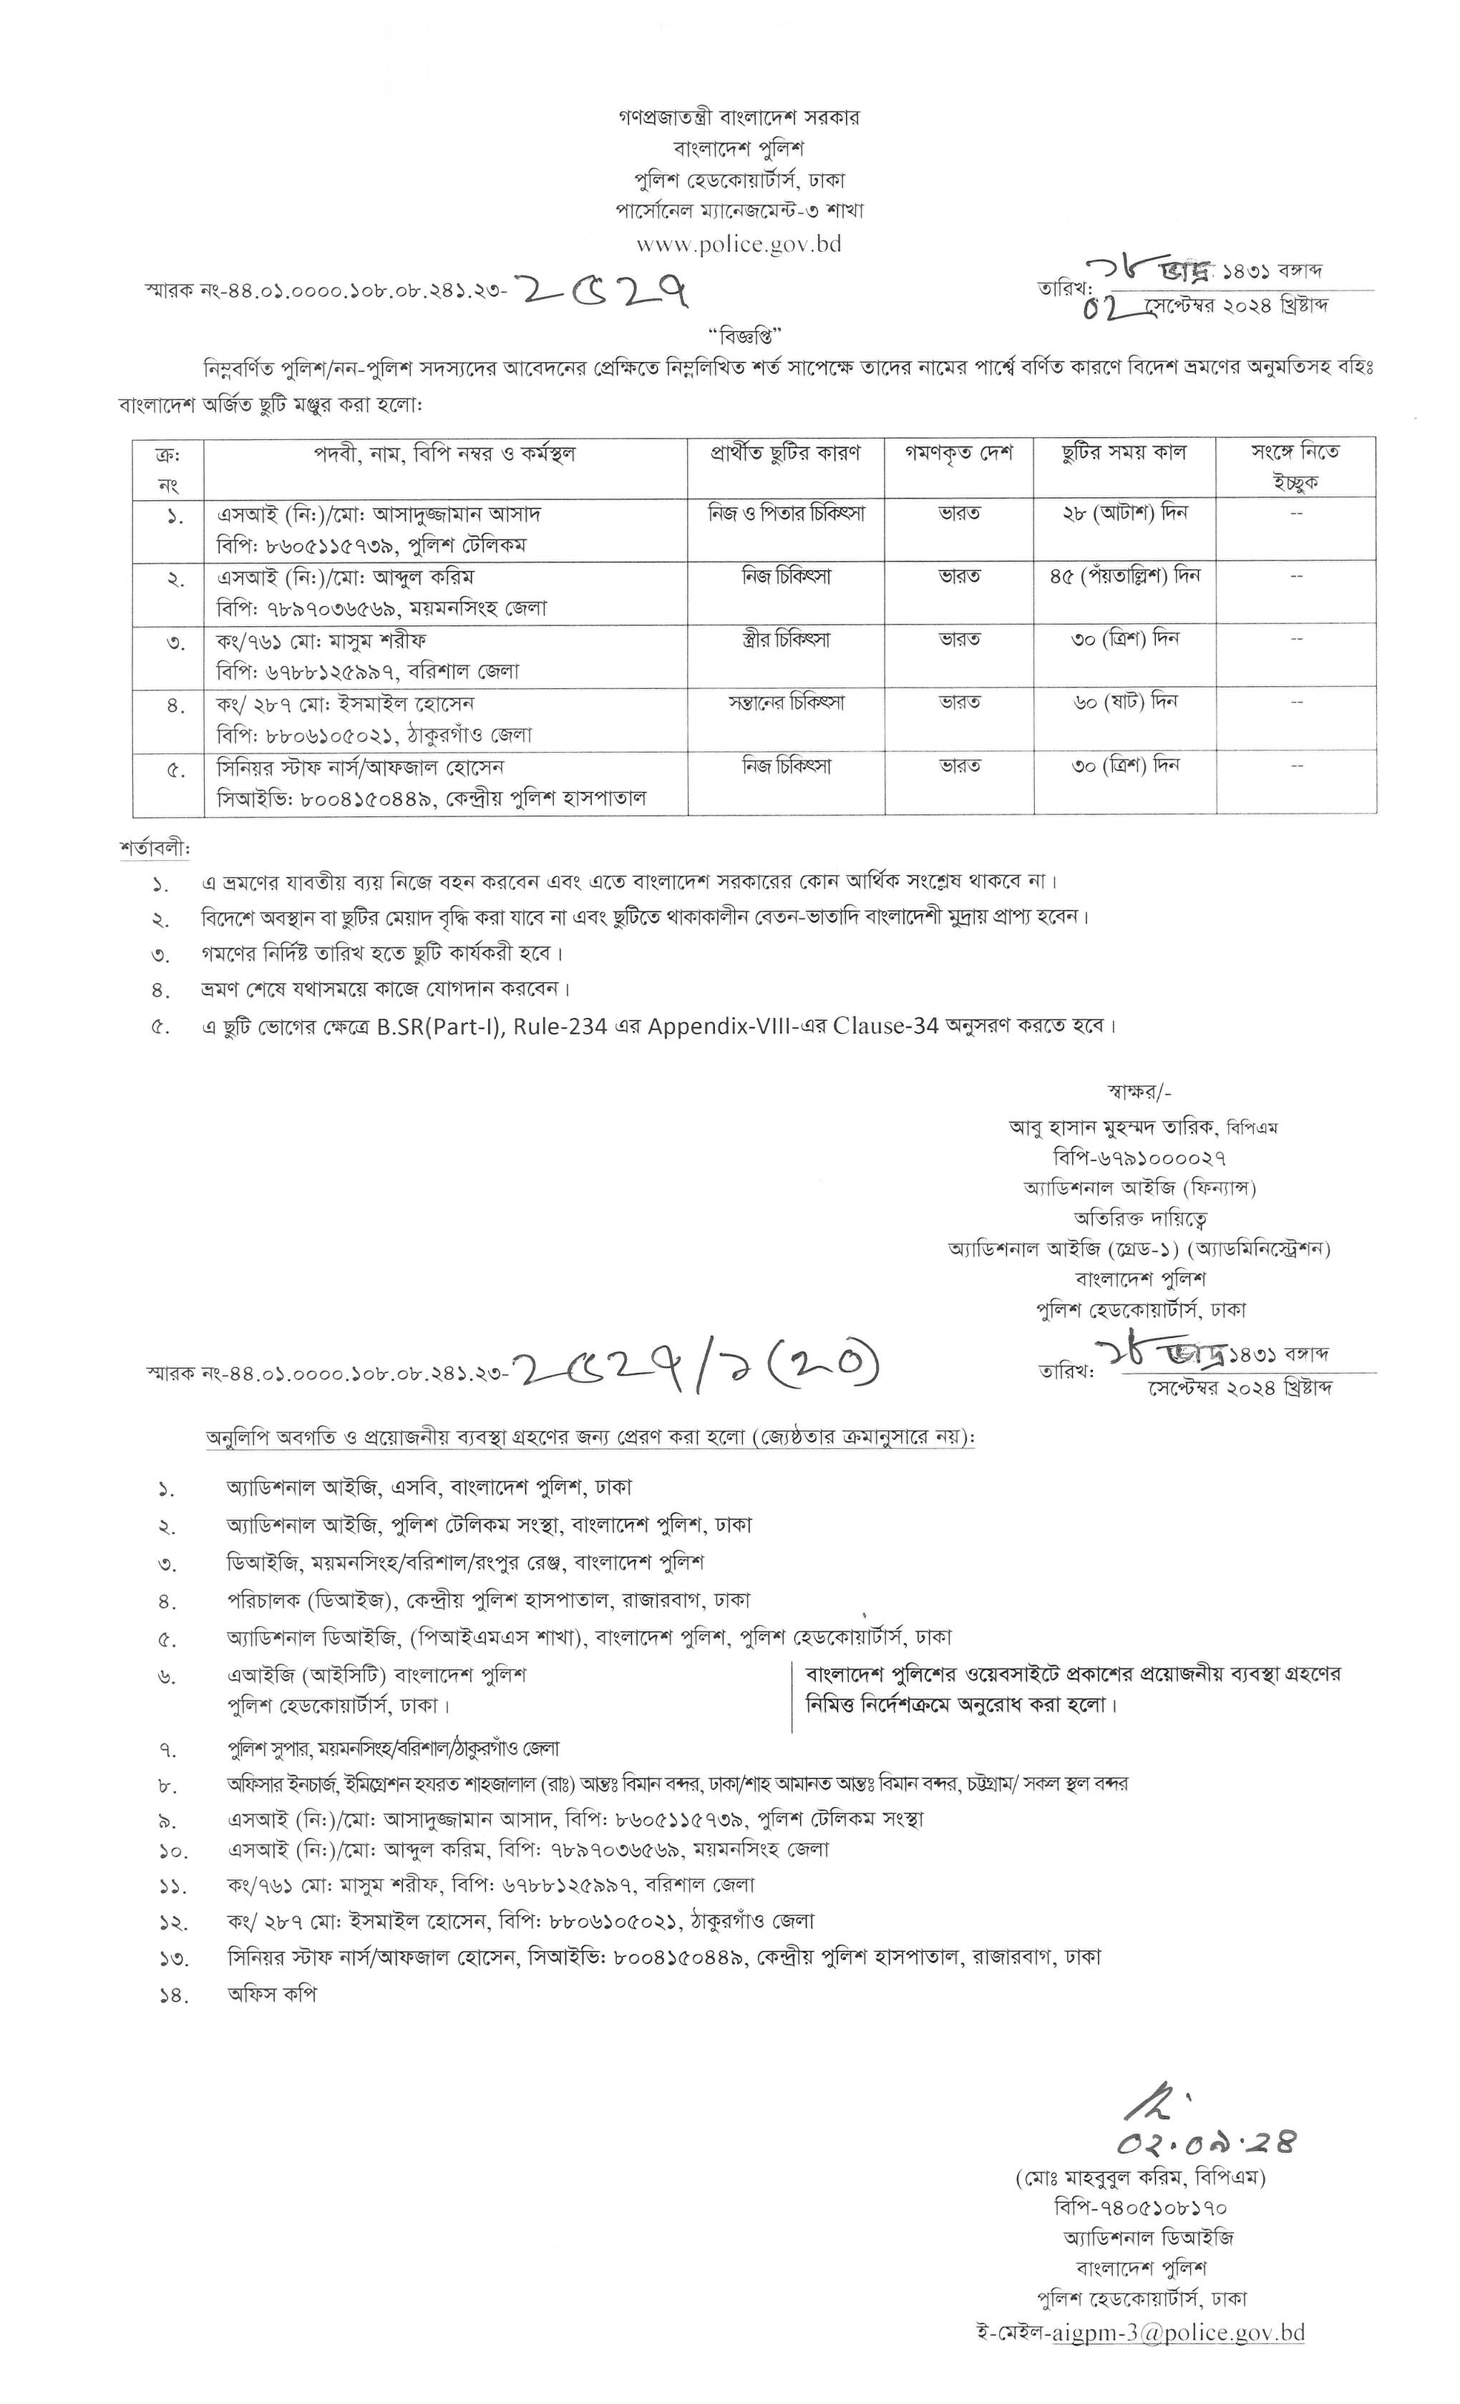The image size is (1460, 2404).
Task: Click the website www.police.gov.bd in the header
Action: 739,244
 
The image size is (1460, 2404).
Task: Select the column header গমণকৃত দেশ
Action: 958,453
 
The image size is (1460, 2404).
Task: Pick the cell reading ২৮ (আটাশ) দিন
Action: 1124,513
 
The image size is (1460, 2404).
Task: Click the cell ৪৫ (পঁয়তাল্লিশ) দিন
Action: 1124,576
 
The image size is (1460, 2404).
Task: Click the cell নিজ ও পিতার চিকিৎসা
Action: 786,513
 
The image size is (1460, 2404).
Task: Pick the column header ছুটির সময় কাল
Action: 1124,453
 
